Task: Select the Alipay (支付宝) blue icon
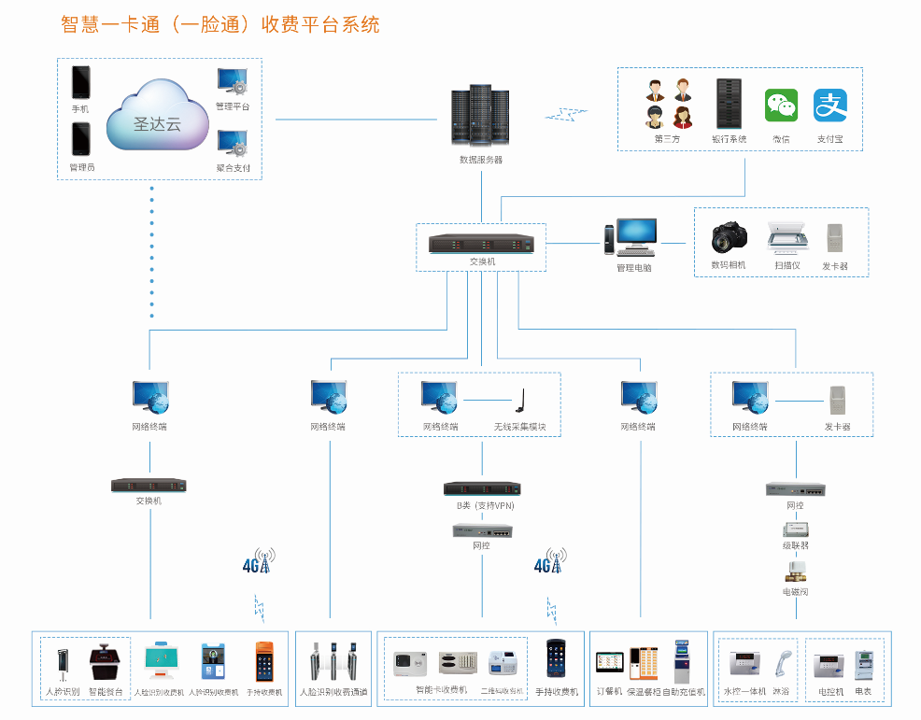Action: pyautogui.click(x=829, y=106)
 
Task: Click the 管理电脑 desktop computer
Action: pyautogui.click(x=632, y=237)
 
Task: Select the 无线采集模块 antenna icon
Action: pyautogui.click(x=519, y=401)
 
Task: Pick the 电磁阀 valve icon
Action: pyautogui.click(x=796, y=570)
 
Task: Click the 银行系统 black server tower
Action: pyautogui.click(x=729, y=104)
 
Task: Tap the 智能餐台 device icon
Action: pyautogui.click(x=105, y=665)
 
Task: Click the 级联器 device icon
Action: pyautogui.click(x=796, y=529)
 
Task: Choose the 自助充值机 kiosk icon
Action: pyautogui.click(x=682, y=662)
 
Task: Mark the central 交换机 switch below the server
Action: pyautogui.click(x=481, y=245)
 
